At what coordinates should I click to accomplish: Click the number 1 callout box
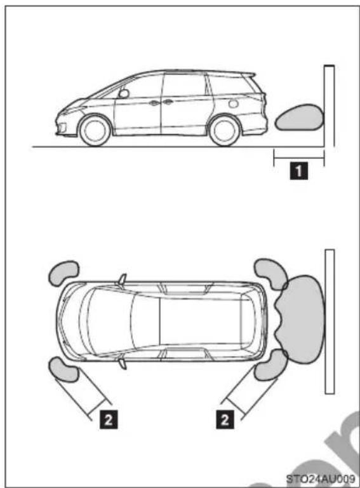point(299,170)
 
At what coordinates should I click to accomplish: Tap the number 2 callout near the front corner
point(109,419)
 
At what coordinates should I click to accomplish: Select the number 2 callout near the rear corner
point(225,419)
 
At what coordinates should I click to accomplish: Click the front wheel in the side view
point(95,131)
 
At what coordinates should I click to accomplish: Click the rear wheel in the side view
point(225,131)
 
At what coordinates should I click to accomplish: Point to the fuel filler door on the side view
point(233,104)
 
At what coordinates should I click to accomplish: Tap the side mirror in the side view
point(124,93)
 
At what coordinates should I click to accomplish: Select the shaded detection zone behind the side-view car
point(300,117)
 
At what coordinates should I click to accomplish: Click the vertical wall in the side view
point(330,106)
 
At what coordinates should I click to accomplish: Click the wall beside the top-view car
point(330,322)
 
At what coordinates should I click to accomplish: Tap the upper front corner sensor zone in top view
point(63,271)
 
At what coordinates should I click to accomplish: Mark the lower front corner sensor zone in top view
point(63,369)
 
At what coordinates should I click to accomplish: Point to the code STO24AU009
point(321,478)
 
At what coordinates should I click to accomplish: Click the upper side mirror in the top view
point(123,279)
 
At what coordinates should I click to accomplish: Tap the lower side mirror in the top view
point(123,363)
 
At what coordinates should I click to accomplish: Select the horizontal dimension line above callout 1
point(299,158)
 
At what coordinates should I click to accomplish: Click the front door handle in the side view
point(154,102)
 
